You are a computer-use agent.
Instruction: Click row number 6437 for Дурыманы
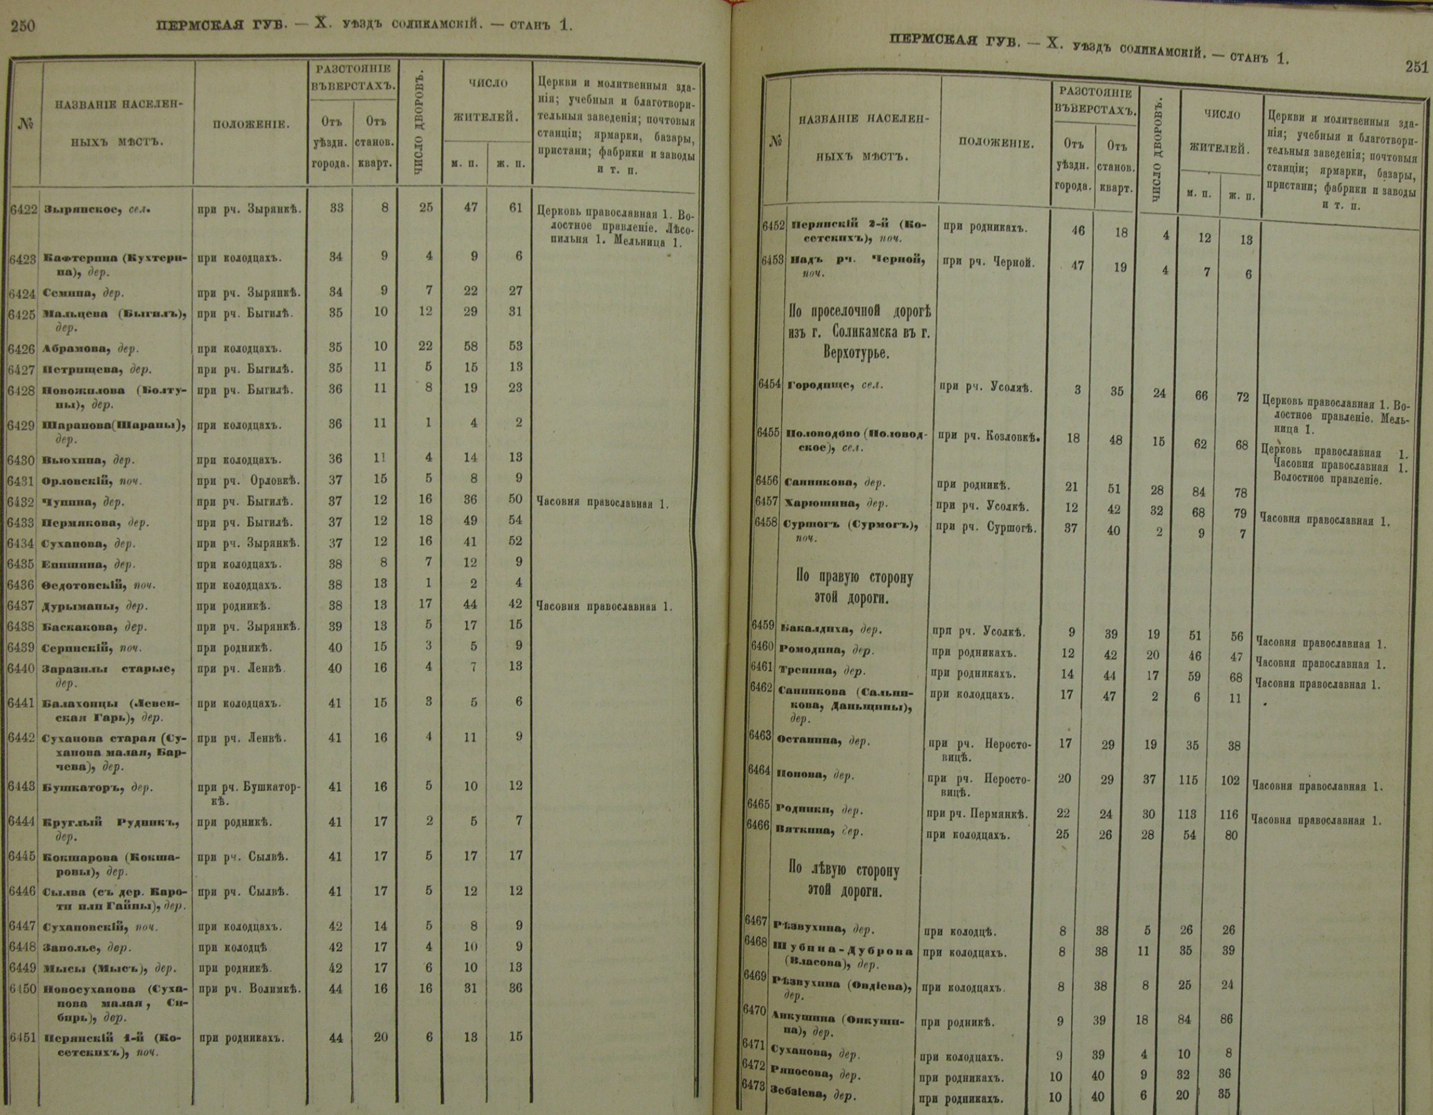[23, 606]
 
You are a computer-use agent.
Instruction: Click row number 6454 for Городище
[770, 385]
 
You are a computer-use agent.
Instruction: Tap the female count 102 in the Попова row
[1230, 780]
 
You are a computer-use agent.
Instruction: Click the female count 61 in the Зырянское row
[515, 208]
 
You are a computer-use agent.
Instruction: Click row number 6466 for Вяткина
[758, 826]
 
